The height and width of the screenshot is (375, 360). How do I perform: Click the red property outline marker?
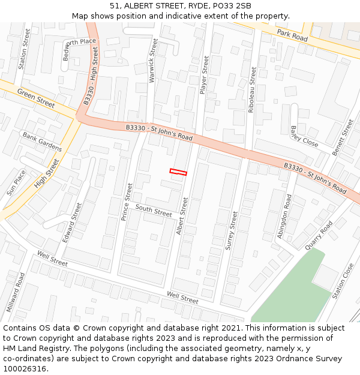[178, 172]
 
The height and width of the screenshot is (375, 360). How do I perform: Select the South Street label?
[154, 210]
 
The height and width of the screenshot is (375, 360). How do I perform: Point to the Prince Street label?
[127, 202]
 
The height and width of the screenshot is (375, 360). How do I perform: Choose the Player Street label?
[204, 75]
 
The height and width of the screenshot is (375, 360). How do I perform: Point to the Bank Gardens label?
[43, 142]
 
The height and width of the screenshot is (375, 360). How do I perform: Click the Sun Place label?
[16, 183]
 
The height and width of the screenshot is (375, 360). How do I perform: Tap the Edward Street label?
[72, 223]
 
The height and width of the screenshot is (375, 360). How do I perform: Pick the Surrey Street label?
[231, 230]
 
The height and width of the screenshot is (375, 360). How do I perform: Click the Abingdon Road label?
[284, 216]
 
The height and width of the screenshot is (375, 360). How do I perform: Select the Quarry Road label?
[319, 236]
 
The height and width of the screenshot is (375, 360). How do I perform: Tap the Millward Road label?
[16, 292]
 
